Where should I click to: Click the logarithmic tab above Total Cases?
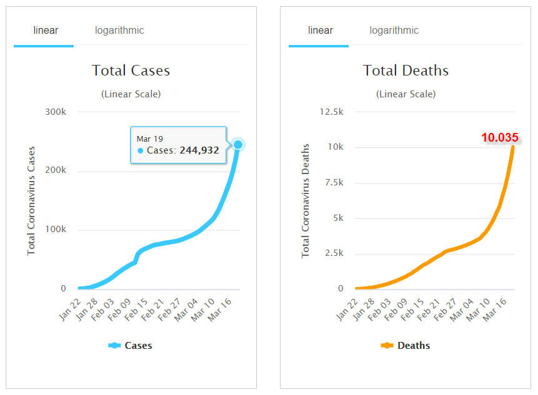[x=119, y=30]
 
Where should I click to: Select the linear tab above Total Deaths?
[x=321, y=30]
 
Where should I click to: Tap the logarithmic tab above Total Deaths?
[x=394, y=30]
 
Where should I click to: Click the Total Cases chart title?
[x=131, y=71]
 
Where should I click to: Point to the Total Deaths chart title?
[x=406, y=71]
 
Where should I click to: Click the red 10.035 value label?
[x=500, y=138]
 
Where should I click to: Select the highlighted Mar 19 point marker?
[x=238, y=145]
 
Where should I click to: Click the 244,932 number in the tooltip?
[x=199, y=150]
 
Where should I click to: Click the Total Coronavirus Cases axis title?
[x=31, y=201]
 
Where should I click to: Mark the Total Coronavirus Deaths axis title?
[x=306, y=201]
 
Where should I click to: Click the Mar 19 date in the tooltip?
[x=150, y=138]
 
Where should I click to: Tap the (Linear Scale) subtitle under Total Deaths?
[x=406, y=94]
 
